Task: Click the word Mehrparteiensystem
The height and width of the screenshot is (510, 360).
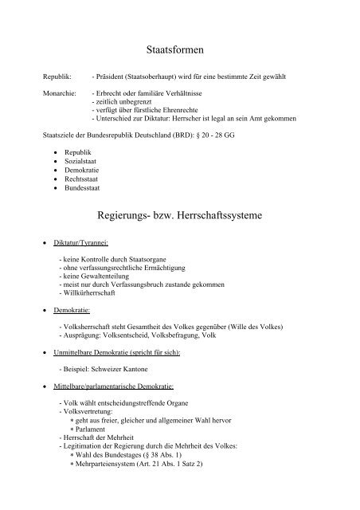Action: (113, 485)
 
